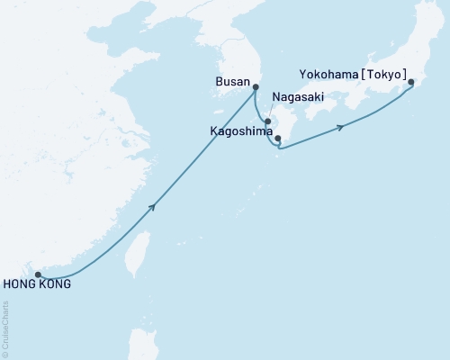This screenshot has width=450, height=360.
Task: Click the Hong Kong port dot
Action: [38, 274]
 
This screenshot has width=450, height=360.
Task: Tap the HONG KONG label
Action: [36, 285]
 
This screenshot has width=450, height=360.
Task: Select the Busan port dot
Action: [256, 87]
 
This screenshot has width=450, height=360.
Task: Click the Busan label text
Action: [233, 80]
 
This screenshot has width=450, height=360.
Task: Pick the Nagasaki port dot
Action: [267, 120]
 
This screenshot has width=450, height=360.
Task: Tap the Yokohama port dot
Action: [411, 83]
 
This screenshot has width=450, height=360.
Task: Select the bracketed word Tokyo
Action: [385, 76]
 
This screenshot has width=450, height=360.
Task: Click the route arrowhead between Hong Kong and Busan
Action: [155, 207]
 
